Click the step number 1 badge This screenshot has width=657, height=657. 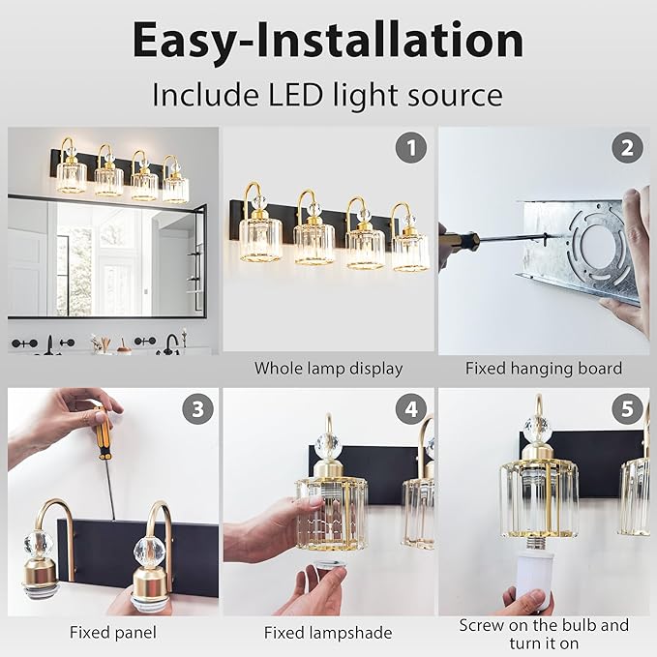(411, 148)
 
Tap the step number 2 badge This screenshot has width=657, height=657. (627, 148)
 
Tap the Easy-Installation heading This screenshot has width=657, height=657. (328, 40)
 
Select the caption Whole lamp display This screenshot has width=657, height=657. (328, 368)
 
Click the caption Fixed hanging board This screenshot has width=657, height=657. (543, 368)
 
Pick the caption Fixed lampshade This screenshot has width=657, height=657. (328, 633)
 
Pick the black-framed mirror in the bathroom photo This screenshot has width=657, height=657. (106, 256)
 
